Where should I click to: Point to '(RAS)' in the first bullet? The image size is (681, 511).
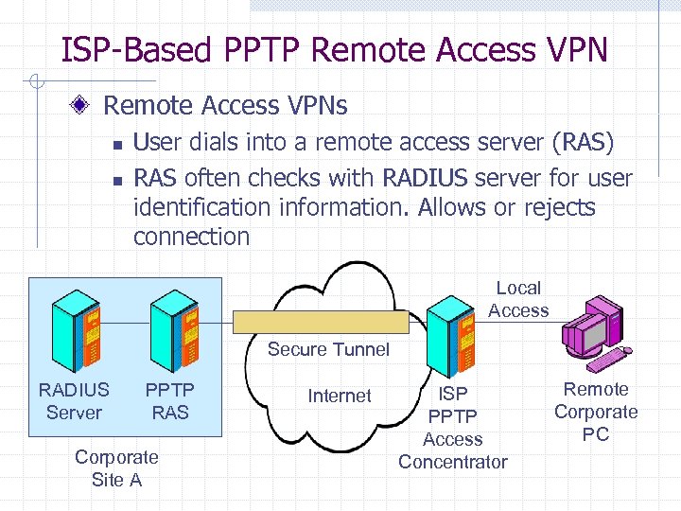point(582,143)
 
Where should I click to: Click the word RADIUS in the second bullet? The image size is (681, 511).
point(425,178)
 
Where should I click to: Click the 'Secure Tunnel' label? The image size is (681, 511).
point(328,349)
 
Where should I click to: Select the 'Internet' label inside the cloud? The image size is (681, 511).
point(340,396)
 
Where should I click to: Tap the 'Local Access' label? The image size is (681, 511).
point(518,299)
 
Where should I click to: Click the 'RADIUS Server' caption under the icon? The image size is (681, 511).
point(74,400)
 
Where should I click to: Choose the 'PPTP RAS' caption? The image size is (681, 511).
point(170,400)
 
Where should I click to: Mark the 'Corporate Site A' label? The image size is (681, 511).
point(116,467)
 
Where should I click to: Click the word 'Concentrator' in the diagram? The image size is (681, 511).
point(452,462)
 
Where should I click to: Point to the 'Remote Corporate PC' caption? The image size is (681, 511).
point(596,412)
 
